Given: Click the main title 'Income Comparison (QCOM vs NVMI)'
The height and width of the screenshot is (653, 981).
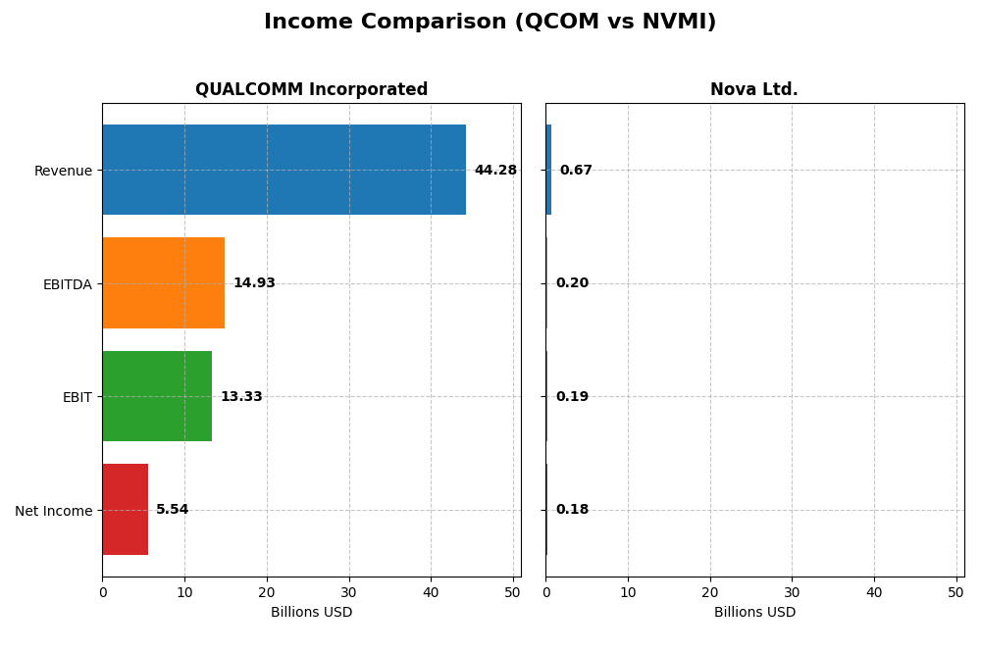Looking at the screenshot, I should [490, 22].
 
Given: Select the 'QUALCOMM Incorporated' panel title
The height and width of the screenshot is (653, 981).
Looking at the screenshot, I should [311, 90].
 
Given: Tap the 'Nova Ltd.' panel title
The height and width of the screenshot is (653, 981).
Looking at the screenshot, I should [753, 90].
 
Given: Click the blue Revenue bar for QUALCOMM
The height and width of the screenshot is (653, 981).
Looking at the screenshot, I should [284, 170].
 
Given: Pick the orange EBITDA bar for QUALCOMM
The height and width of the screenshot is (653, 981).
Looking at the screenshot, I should [163, 283].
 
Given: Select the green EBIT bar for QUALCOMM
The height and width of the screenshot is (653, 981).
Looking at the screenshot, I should [157, 396].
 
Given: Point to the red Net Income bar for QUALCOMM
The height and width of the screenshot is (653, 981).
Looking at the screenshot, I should [125, 510].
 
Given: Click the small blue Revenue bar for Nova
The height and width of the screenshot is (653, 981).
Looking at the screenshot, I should [548, 170].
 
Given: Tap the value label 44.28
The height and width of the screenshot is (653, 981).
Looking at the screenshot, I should [495, 171].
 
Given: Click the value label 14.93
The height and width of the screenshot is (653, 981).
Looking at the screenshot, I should [254, 283].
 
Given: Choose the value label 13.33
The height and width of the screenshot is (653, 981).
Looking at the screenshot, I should [241, 397].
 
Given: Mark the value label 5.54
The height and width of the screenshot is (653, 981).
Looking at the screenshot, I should [172, 510].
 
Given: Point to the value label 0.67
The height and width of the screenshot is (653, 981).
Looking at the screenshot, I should [576, 171].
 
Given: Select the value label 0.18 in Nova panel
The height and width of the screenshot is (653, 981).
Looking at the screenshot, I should [572, 510].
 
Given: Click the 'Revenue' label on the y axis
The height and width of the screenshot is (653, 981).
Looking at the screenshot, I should [63, 171].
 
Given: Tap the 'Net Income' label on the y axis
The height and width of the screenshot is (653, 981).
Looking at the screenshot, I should [53, 511].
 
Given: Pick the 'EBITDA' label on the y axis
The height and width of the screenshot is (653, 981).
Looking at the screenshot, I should [67, 284].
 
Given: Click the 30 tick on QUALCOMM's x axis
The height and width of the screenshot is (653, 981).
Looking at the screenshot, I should [348, 592].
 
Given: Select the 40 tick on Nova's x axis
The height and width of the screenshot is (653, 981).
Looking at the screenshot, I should [874, 592].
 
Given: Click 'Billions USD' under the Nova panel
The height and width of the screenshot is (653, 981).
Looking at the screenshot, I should [754, 613].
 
